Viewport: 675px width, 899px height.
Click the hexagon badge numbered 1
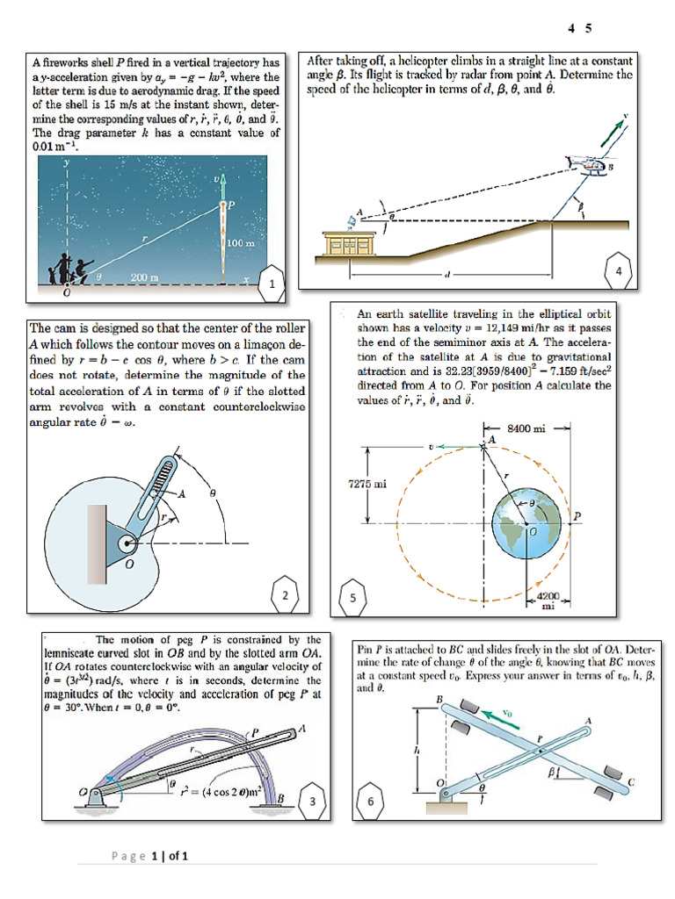coord(272,284)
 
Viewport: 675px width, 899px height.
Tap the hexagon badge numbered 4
coord(619,272)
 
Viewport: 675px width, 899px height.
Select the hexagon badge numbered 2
coord(284,595)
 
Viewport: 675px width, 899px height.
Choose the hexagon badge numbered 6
coord(371,801)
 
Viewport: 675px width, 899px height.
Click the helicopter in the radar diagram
coord(584,164)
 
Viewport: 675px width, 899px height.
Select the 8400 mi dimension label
coord(527,428)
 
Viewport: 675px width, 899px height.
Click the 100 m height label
coord(241,241)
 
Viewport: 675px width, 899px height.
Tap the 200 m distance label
coord(144,277)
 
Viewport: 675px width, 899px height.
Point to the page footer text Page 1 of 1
coord(150,855)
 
